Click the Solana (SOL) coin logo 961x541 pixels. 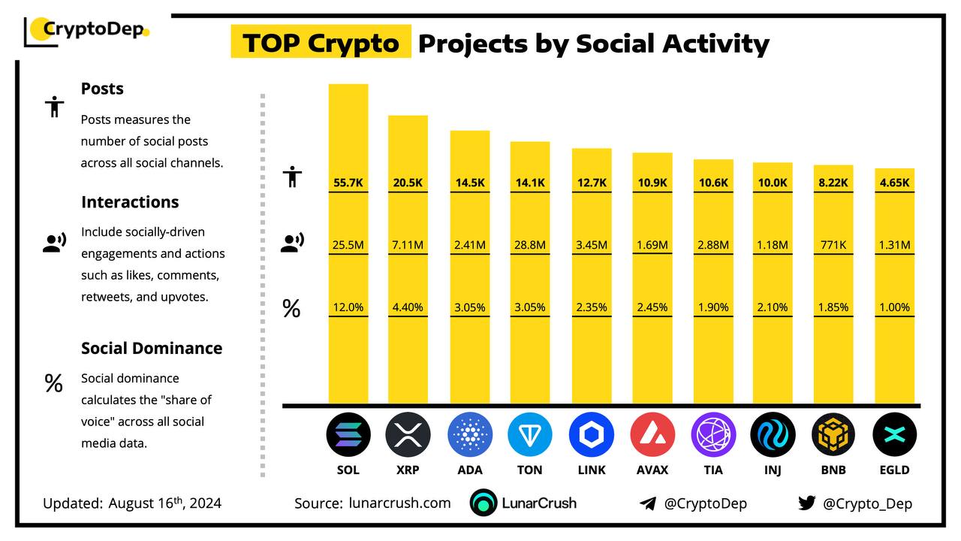tap(348, 434)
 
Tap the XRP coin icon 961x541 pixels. tap(408, 434)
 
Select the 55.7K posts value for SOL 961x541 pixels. tap(348, 183)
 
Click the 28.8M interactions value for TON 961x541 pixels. tap(530, 245)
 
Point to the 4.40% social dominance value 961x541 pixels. tap(408, 307)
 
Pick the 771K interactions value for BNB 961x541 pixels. tap(833, 245)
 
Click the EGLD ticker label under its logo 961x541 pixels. tap(894, 470)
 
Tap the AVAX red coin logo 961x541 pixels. tap(652, 434)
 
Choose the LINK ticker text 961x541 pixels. tap(591, 470)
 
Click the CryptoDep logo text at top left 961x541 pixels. tap(95, 29)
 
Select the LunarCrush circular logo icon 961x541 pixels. tap(484, 503)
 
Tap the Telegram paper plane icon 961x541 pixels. tap(647, 503)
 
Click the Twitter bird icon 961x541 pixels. tap(806, 503)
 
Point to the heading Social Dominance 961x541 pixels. tap(152, 348)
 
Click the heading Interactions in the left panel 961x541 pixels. tap(130, 202)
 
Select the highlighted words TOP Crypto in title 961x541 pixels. tap(321, 43)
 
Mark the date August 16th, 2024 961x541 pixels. tap(164, 503)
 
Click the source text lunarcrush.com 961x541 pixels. tap(399, 503)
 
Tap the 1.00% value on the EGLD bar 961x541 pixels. tap(894, 307)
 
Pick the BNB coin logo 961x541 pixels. tap(833, 434)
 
